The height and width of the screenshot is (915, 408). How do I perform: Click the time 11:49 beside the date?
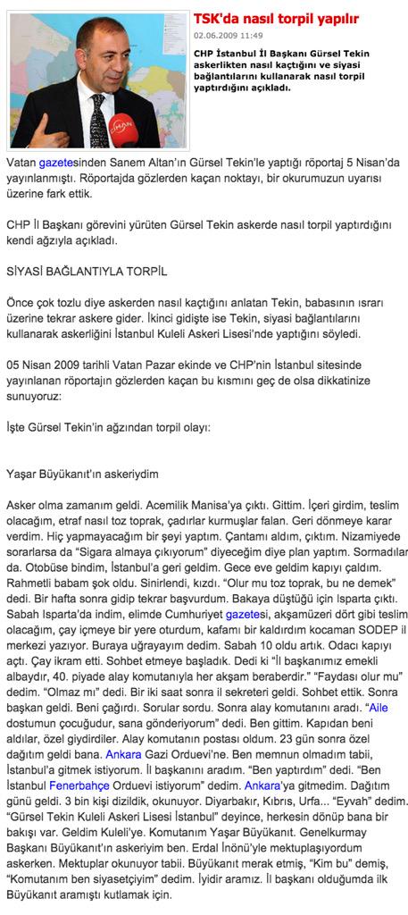[251, 36]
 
